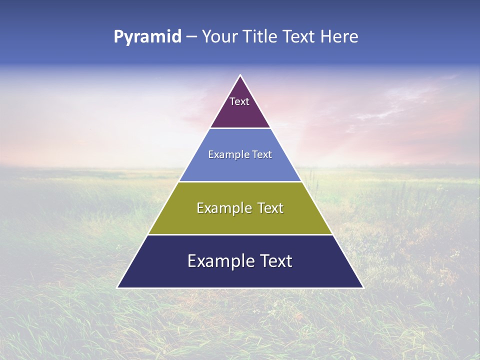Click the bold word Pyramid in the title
click(147, 37)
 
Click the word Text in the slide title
click(300, 36)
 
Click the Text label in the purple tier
click(239, 101)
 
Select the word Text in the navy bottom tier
click(274, 261)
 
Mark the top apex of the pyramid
click(240, 75)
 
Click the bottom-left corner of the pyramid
click(117, 287)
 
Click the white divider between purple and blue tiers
click(240, 128)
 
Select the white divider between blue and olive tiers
click(240, 181)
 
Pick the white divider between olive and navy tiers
click(240, 234)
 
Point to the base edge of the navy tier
click(240, 288)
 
